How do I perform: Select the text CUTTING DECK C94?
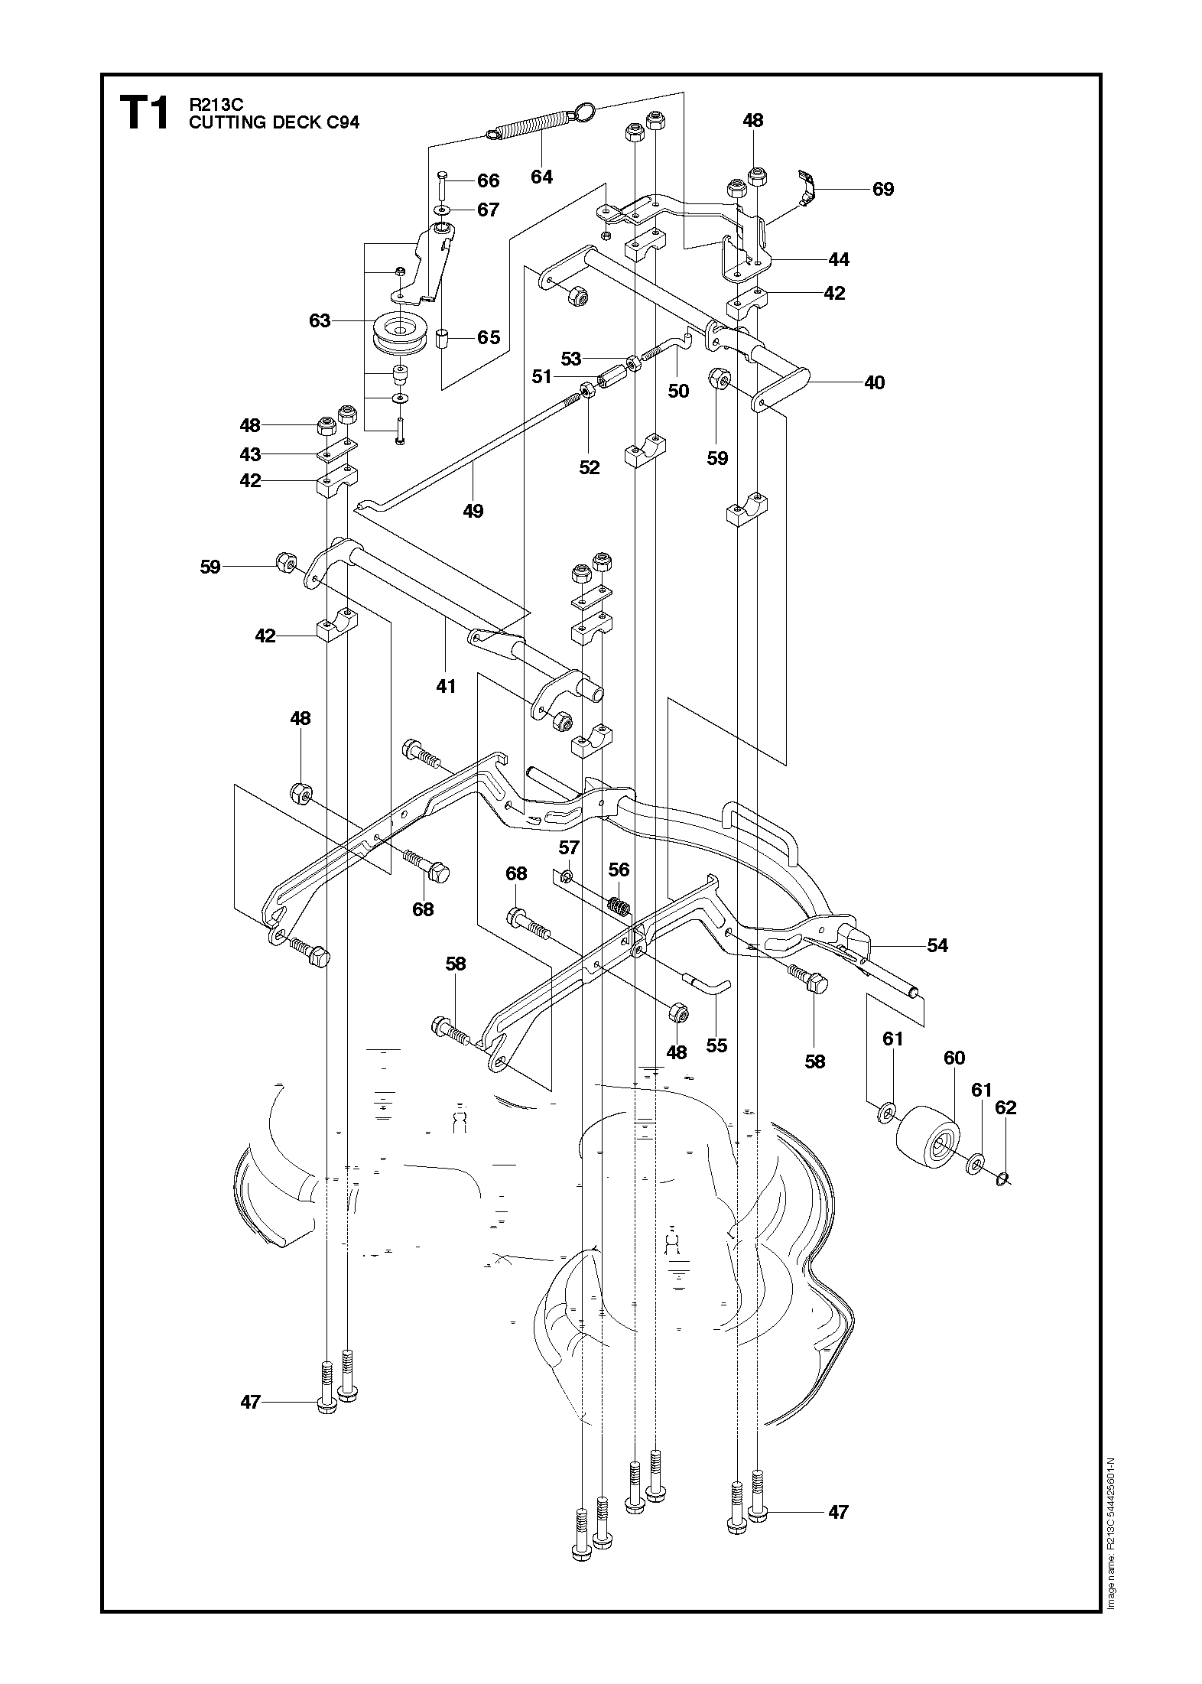click(x=274, y=122)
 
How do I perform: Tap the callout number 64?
click(x=541, y=177)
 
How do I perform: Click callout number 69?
click(x=883, y=189)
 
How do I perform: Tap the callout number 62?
click(x=1006, y=1107)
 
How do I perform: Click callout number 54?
click(x=937, y=946)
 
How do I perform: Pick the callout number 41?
click(x=446, y=686)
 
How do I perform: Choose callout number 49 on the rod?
click(x=473, y=510)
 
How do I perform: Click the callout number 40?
click(x=874, y=382)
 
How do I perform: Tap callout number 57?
click(x=570, y=847)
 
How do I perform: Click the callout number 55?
click(x=716, y=1045)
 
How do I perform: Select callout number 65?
click(x=489, y=337)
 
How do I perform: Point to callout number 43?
click(x=250, y=454)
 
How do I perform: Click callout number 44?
click(x=839, y=260)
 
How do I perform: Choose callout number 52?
click(x=590, y=467)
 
